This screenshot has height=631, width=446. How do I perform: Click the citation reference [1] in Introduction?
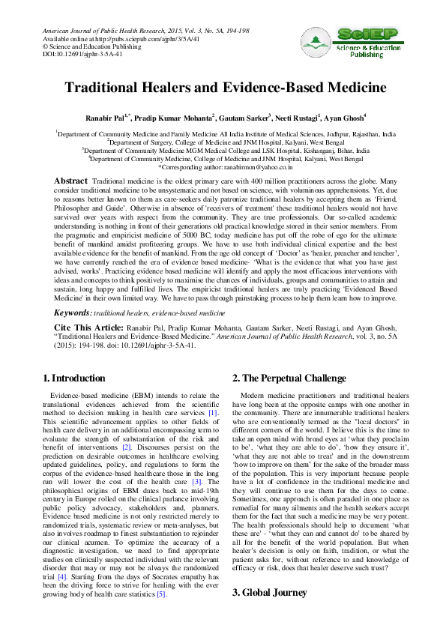(213, 413)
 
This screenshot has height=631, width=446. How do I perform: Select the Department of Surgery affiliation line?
(223, 141)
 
